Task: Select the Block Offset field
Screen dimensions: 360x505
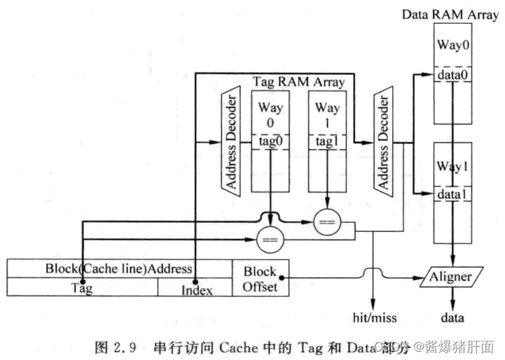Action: tap(260, 278)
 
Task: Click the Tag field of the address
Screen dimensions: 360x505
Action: tap(82, 287)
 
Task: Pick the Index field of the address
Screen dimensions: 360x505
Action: tap(196, 288)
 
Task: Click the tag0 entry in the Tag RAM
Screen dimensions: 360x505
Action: tap(270, 141)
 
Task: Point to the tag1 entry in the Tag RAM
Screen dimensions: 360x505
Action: tap(327, 141)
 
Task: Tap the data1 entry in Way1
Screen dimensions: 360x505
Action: tap(452, 194)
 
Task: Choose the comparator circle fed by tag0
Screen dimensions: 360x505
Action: tap(270, 241)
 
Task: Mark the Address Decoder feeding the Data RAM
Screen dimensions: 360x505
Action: tap(382, 141)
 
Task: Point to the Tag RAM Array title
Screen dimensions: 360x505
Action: tap(298, 82)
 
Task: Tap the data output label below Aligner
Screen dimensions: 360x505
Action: tap(452, 318)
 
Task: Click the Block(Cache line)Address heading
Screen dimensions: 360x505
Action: tap(119, 268)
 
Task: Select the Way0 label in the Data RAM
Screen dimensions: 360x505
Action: tap(452, 46)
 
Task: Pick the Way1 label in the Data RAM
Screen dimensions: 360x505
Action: tap(452, 167)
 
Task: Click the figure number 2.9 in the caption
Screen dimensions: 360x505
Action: tap(127, 346)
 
